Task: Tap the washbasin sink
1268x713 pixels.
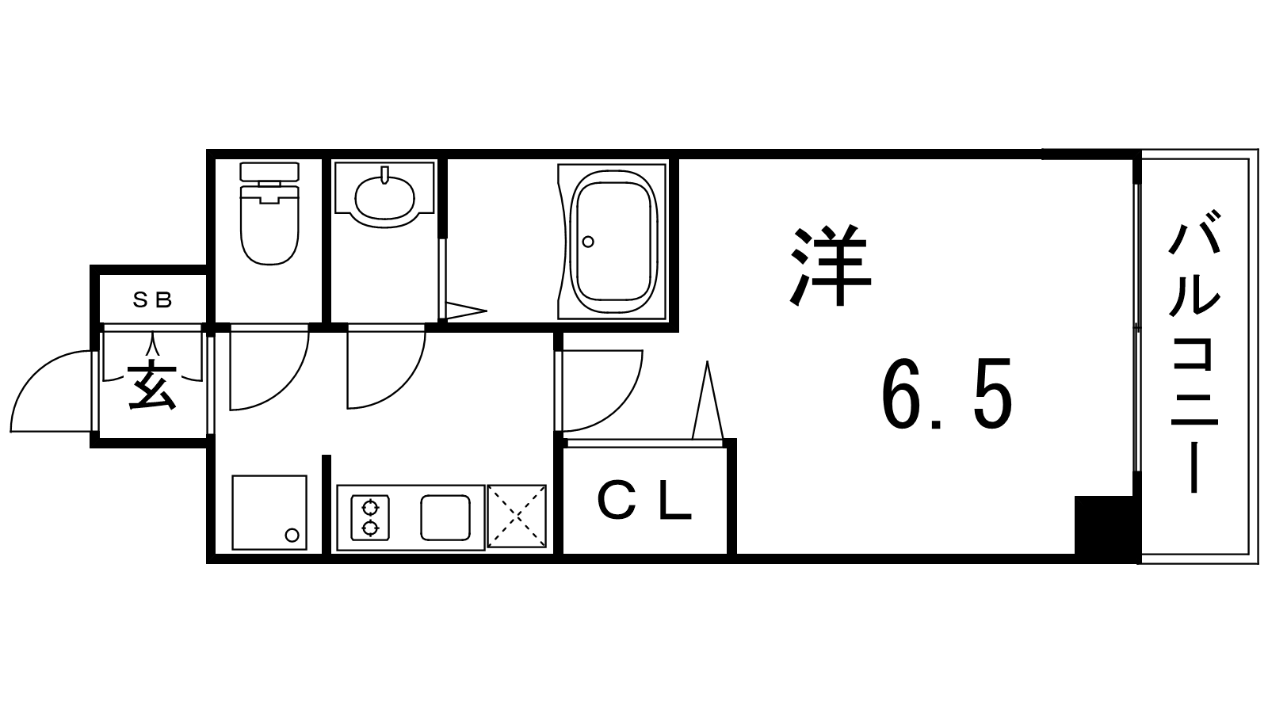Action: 384,195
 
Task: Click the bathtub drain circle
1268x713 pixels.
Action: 588,242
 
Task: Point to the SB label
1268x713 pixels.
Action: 152,300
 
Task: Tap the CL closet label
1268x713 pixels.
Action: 645,503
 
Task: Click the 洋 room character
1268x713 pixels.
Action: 830,266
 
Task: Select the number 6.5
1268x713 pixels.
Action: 947,393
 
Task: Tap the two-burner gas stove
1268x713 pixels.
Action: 370,517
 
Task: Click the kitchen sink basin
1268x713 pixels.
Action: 445,517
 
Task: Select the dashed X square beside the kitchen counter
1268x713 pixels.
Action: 517,516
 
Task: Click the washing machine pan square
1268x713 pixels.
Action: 269,512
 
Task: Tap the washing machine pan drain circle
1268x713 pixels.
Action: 292,535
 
